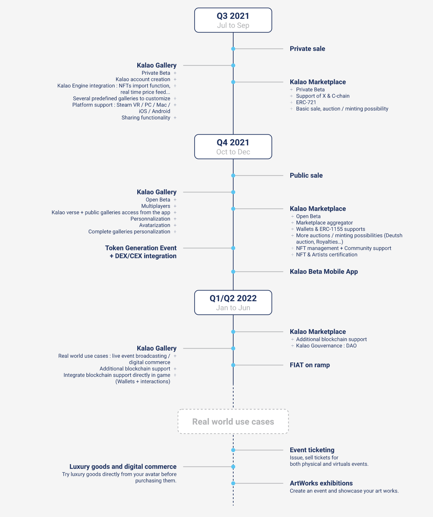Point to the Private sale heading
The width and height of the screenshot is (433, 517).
pos(307,49)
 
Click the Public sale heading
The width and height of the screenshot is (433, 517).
pos(306,175)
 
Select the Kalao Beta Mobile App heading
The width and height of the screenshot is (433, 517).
pos(324,271)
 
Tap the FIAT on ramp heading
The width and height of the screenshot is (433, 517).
pos(310,365)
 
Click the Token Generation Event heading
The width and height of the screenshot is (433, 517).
pos(141,248)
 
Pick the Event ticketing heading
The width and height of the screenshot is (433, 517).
pos(312,450)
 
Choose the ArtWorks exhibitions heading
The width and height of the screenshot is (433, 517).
pos(321,483)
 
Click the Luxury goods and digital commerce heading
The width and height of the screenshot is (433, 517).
pos(123,467)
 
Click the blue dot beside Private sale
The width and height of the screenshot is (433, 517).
pos(233,49)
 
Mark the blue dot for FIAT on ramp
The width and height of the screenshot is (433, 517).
pos(233,365)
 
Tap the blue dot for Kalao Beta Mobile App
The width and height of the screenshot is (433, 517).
pos(233,271)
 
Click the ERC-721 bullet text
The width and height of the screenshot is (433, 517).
pos(306,102)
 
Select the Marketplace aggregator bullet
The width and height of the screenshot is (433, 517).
pos(324,223)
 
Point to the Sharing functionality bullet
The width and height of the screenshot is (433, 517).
pos(146,118)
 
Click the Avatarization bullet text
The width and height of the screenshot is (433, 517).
pos(154,225)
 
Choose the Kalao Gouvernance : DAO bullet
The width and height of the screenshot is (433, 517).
pos(326,346)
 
